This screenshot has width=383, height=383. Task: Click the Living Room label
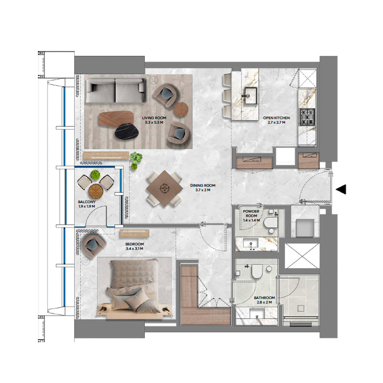coord(154,120)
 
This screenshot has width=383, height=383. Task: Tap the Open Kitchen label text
coord(276,120)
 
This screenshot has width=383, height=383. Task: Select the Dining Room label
coord(203,188)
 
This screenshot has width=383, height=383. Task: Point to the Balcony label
coord(87,204)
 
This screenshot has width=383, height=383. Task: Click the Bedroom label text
coord(134,246)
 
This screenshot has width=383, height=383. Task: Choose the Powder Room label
coord(251,215)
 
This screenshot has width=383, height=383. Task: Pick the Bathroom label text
coord(264,300)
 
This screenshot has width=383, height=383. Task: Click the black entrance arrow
coord(341,189)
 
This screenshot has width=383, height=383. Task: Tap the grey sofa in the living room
coord(115,90)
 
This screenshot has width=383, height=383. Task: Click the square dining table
coord(164,188)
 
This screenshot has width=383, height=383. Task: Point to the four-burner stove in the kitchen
coord(308,117)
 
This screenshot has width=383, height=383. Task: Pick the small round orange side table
coord(181,109)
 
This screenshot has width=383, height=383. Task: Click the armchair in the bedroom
coord(92,244)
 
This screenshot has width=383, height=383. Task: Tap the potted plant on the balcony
coord(95,174)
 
